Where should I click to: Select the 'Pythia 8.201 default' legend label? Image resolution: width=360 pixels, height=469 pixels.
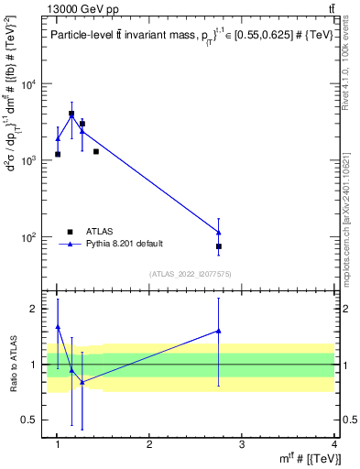click(x=125, y=244)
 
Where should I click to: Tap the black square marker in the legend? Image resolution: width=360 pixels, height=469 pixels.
click(x=69, y=231)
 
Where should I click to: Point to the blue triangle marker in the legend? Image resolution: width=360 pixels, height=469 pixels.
click(x=69, y=244)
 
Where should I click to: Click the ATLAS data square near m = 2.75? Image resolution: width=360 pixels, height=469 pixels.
click(x=219, y=246)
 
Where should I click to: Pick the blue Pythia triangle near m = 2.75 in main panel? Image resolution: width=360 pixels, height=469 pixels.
click(x=219, y=232)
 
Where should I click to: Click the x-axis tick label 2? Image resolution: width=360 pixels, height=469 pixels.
click(x=149, y=444)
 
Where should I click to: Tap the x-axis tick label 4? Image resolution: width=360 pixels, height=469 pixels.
click(x=334, y=444)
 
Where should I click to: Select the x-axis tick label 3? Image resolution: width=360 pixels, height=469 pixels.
click(x=242, y=444)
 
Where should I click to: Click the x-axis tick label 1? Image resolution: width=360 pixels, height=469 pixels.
click(x=58, y=444)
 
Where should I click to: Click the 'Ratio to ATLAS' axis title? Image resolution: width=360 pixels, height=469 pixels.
click(x=13, y=364)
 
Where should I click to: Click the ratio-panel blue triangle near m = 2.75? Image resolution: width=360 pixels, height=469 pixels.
click(x=219, y=330)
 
